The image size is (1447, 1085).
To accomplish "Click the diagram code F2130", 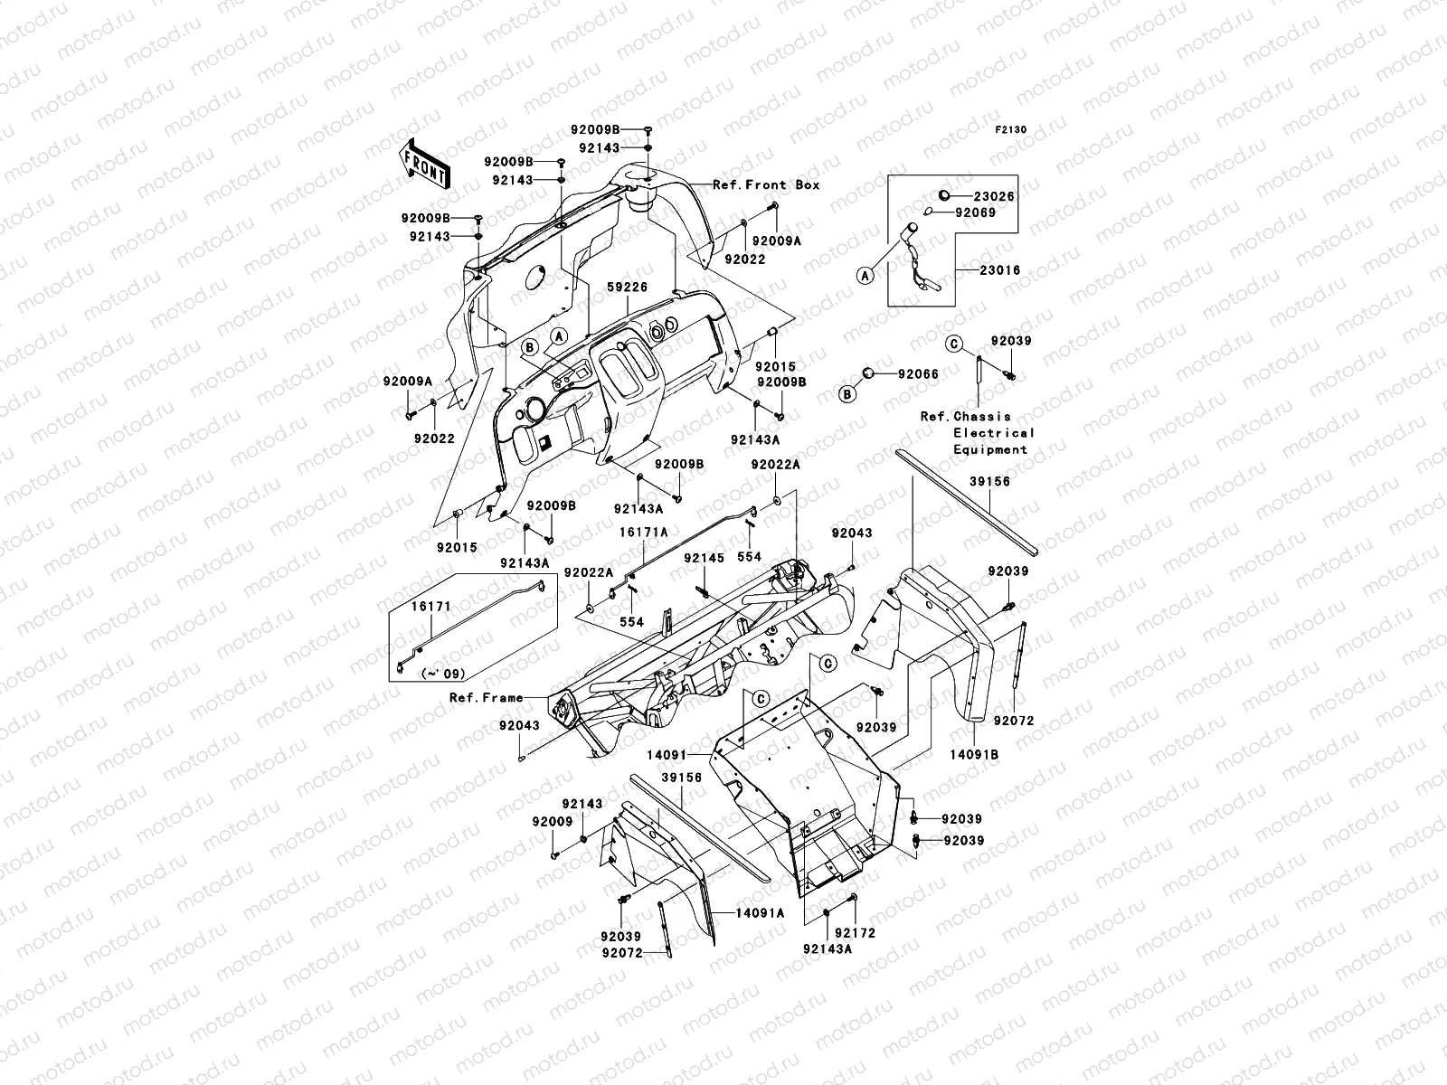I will pyautogui.click(x=1011, y=129).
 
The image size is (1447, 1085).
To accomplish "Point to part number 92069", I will pyautogui.click(x=974, y=213).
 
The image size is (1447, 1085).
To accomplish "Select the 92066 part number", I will pyautogui.click(x=918, y=373).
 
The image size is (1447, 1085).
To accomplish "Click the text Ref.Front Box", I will pyautogui.click(x=767, y=184).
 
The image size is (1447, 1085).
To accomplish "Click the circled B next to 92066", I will pyautogui.click(x=848, y=393).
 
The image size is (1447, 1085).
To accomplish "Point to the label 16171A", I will pyautogui.click(x=643, y=533).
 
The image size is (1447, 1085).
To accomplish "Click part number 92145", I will pyautogui.click(x=704, y=558).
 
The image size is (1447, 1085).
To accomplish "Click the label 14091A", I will pyautogui.click(x=759, y=913).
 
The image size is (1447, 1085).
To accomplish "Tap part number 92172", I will pyautogui.click(x=855, y=932).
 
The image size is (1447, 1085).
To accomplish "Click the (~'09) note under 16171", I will pyautogui.click(x=443, y=674).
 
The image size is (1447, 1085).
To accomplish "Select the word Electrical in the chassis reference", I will pyautogui.click(x=993, y=433).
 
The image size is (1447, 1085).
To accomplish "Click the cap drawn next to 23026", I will pyautogui.click(x=943, y=195).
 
